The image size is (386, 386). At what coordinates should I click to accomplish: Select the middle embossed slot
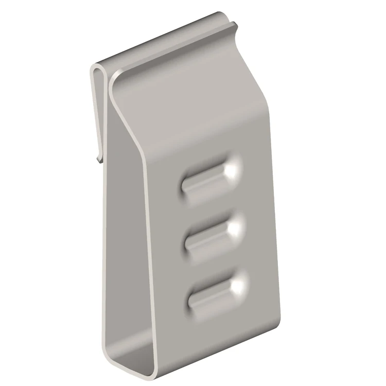(x=214, y=234)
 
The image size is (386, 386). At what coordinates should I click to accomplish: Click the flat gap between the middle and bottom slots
(x=216, y=262)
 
